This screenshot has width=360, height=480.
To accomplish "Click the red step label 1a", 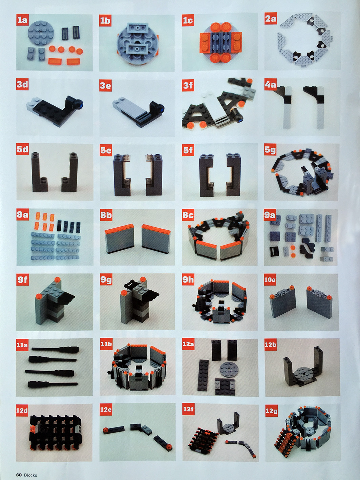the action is point(22,20).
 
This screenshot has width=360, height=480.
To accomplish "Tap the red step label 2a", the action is point(271,20).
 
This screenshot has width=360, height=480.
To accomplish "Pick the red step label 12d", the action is point(22,409).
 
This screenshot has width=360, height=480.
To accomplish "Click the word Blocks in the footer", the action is point(30,473).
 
